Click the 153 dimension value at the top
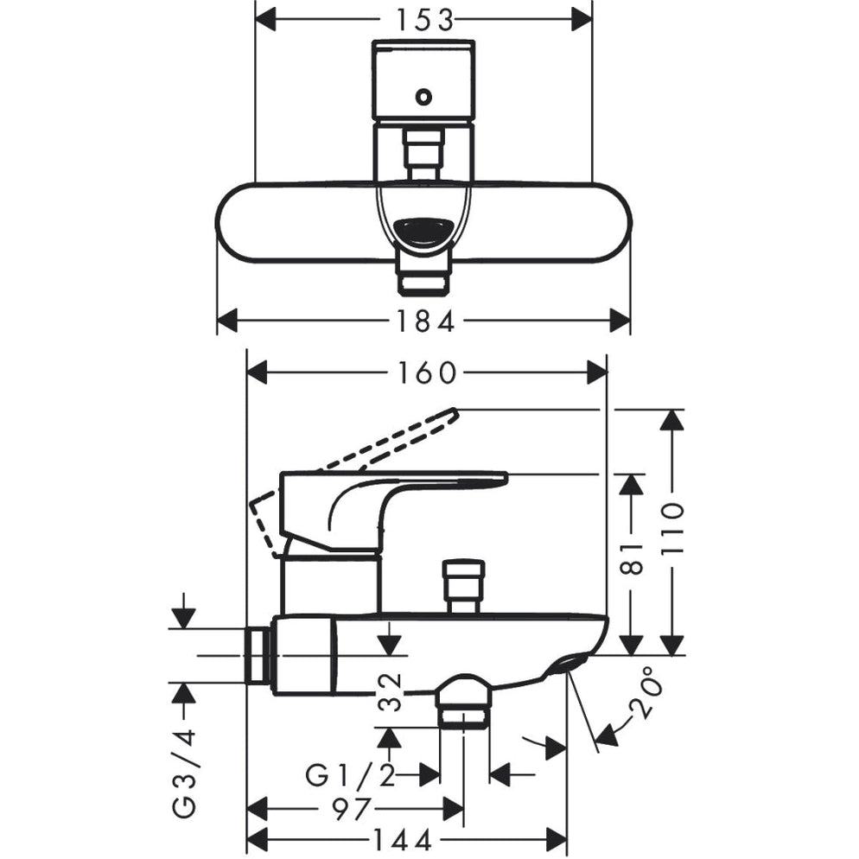pos(424,17)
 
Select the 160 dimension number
pos(427,372)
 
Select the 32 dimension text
pos(391,691)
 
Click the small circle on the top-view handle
pos(423,97)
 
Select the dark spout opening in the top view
pos(423,232)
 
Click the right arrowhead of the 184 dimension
pos(621,321)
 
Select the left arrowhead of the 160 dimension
pos(258,372)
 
